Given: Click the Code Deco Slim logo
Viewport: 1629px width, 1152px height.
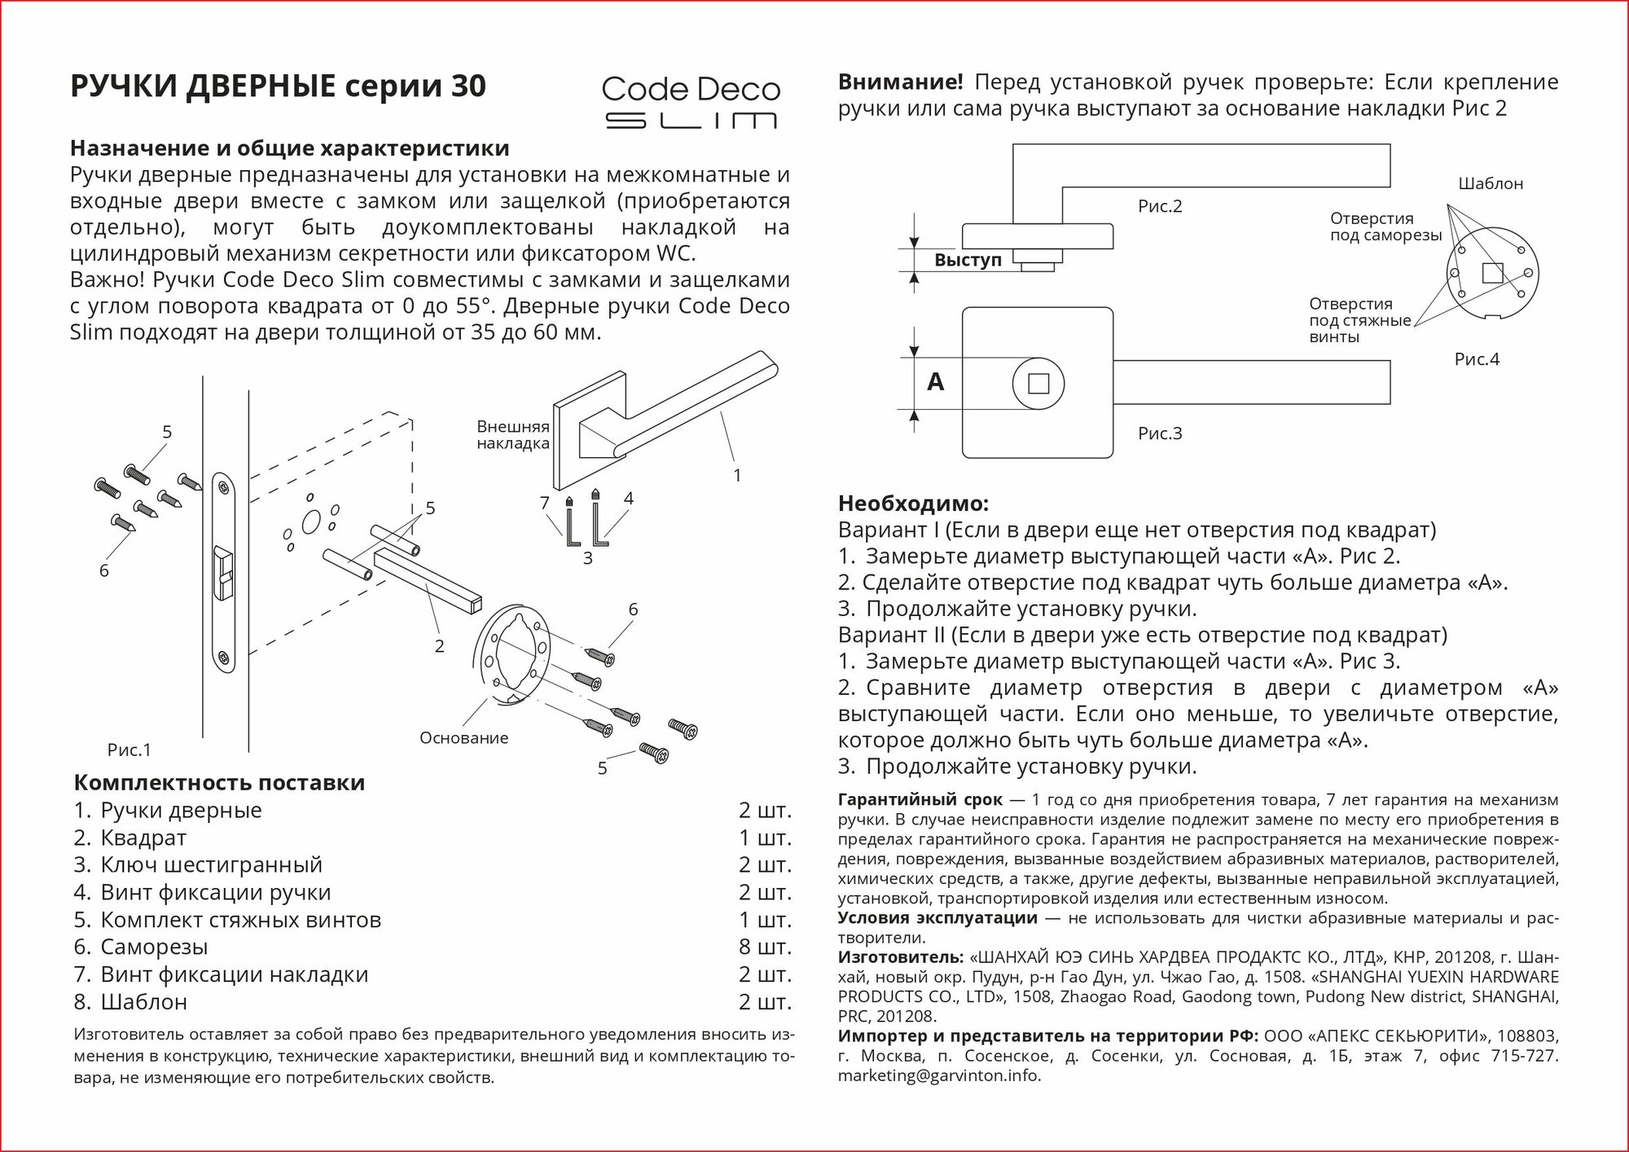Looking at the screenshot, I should click(691, 103).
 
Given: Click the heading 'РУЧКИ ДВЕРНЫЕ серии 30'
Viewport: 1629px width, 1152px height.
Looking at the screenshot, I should click(278, 86).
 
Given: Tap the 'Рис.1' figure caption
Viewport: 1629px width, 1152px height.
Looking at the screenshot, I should click(129, 750).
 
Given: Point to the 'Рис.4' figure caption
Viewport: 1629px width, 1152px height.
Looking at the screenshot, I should click(1476, 359).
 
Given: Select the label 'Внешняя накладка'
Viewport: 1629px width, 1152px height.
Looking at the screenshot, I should click(512, 435).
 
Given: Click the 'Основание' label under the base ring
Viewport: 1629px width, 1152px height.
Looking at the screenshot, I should click(463, 738).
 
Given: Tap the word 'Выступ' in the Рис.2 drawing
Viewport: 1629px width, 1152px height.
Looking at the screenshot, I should click(968, 260).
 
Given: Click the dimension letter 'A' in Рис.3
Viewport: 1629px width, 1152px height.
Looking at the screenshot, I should click(936, 381).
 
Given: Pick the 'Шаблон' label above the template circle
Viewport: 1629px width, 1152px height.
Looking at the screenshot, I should click(1491, 184).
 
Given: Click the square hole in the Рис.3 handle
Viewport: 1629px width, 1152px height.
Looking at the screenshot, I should click(1038, 383).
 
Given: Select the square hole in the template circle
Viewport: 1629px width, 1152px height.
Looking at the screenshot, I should click(1492, 273).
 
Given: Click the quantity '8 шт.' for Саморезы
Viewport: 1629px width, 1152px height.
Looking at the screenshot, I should click(765, 947).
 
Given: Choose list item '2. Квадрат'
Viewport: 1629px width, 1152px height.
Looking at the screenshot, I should click(130, 838).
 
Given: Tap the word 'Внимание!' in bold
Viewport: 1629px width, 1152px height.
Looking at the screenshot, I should click(900, 82).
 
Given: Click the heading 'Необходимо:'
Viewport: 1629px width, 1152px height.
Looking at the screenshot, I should click(913, 503).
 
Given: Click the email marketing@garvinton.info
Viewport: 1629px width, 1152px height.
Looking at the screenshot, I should click(939, 1075).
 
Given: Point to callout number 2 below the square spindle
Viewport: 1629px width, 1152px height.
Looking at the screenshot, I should click(439, 646).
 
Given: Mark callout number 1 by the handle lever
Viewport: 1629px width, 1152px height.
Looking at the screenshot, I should click(737, 475).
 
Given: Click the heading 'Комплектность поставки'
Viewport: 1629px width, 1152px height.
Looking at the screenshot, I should click(219, 783).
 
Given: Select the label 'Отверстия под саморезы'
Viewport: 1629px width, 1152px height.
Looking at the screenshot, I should click(1385, 226).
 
